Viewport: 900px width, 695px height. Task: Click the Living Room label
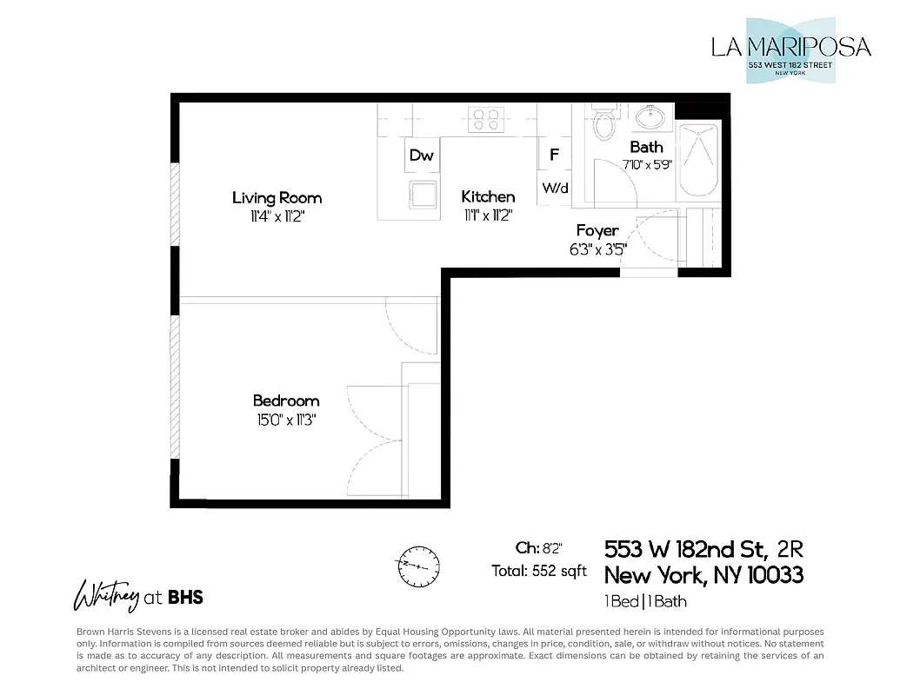(x=277, y=198)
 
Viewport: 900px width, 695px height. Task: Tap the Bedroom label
(x=286, y=400)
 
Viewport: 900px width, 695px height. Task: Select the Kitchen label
(x=488, y=197)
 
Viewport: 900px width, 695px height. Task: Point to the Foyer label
(x=597, y=231)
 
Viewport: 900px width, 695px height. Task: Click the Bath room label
(x=646, y=147)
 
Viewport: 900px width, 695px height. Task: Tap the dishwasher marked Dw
(x=422, y=156)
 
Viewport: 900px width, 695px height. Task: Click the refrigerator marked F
(x=554, y=156)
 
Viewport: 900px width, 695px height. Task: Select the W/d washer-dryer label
(x=555, y=188)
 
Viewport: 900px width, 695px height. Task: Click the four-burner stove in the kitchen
(x=487, y=120)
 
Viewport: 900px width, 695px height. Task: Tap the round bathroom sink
(x=648, y=116)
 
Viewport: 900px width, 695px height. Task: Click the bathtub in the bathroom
(x=699, y=161)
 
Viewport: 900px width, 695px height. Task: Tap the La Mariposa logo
(x=790, y=50)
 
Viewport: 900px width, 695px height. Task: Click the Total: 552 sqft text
(x=539, y=571)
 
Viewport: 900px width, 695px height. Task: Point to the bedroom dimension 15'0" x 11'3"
(x=286, y=419)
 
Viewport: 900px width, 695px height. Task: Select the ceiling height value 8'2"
(x=551, y=548)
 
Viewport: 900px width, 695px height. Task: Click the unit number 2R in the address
(x=790, y=549)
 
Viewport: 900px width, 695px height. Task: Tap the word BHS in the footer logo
(x=185, y=597)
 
